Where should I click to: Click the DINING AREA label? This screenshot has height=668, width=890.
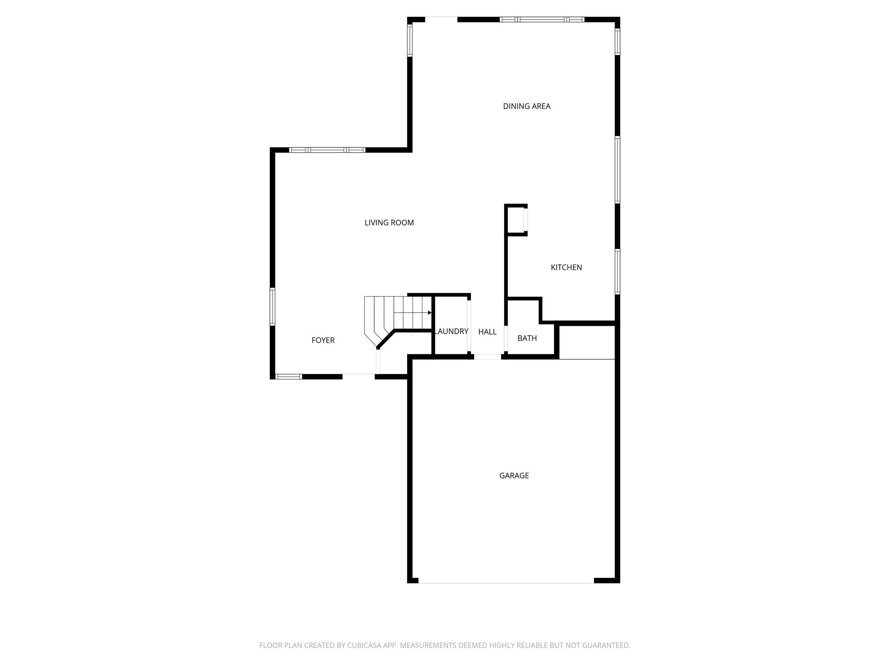527,106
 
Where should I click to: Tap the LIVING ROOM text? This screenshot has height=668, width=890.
389,223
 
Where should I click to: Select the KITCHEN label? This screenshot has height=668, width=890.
566,267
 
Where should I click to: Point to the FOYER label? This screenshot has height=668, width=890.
323,340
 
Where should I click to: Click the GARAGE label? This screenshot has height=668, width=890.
514,475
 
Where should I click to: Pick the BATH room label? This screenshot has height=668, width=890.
527,338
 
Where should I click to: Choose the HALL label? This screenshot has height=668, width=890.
487,332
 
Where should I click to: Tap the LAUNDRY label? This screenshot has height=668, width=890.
452,331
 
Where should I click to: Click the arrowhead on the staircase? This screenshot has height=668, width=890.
429,313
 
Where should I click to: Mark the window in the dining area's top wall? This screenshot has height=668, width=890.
542,20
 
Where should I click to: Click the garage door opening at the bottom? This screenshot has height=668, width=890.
506,581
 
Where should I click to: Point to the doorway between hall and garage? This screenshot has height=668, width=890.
487,357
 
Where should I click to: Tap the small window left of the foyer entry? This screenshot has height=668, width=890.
289,377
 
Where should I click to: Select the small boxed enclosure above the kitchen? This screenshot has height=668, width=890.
516,220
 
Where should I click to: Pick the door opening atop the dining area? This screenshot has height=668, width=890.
441,20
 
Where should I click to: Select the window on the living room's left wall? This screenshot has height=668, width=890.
272,307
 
